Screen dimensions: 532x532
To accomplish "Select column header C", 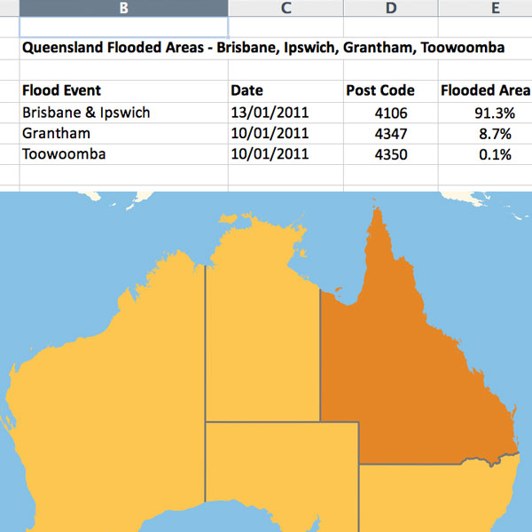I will pyautogui.click(x=286, y=8).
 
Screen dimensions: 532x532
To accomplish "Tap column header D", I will pyautogui.click(x=391, y=8).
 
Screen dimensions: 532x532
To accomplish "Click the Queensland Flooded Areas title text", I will pyautogui.click(x=263, y=48).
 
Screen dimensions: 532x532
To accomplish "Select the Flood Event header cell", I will pyautogui.click(x=62, y=90).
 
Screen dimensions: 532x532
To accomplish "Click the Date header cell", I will pyautogui.click(x=246, y=90).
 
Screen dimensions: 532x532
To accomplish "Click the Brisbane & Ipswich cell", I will pyautogui.click(x=87, y=113).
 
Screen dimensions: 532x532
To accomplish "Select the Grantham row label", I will pyautogui.click(x=57, y=133).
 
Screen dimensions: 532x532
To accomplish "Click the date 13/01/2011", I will pyautogui.click(x=270, y=113).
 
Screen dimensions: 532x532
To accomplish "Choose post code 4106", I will pyautogui.click(x=391, y=113).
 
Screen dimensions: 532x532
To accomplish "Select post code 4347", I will pyautogui.click(x=391, y=133).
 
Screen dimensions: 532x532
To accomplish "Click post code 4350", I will pyautogui.click(x=391, y=154).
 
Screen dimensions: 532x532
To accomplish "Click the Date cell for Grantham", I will pyautogui.click(x=270, y=133).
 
